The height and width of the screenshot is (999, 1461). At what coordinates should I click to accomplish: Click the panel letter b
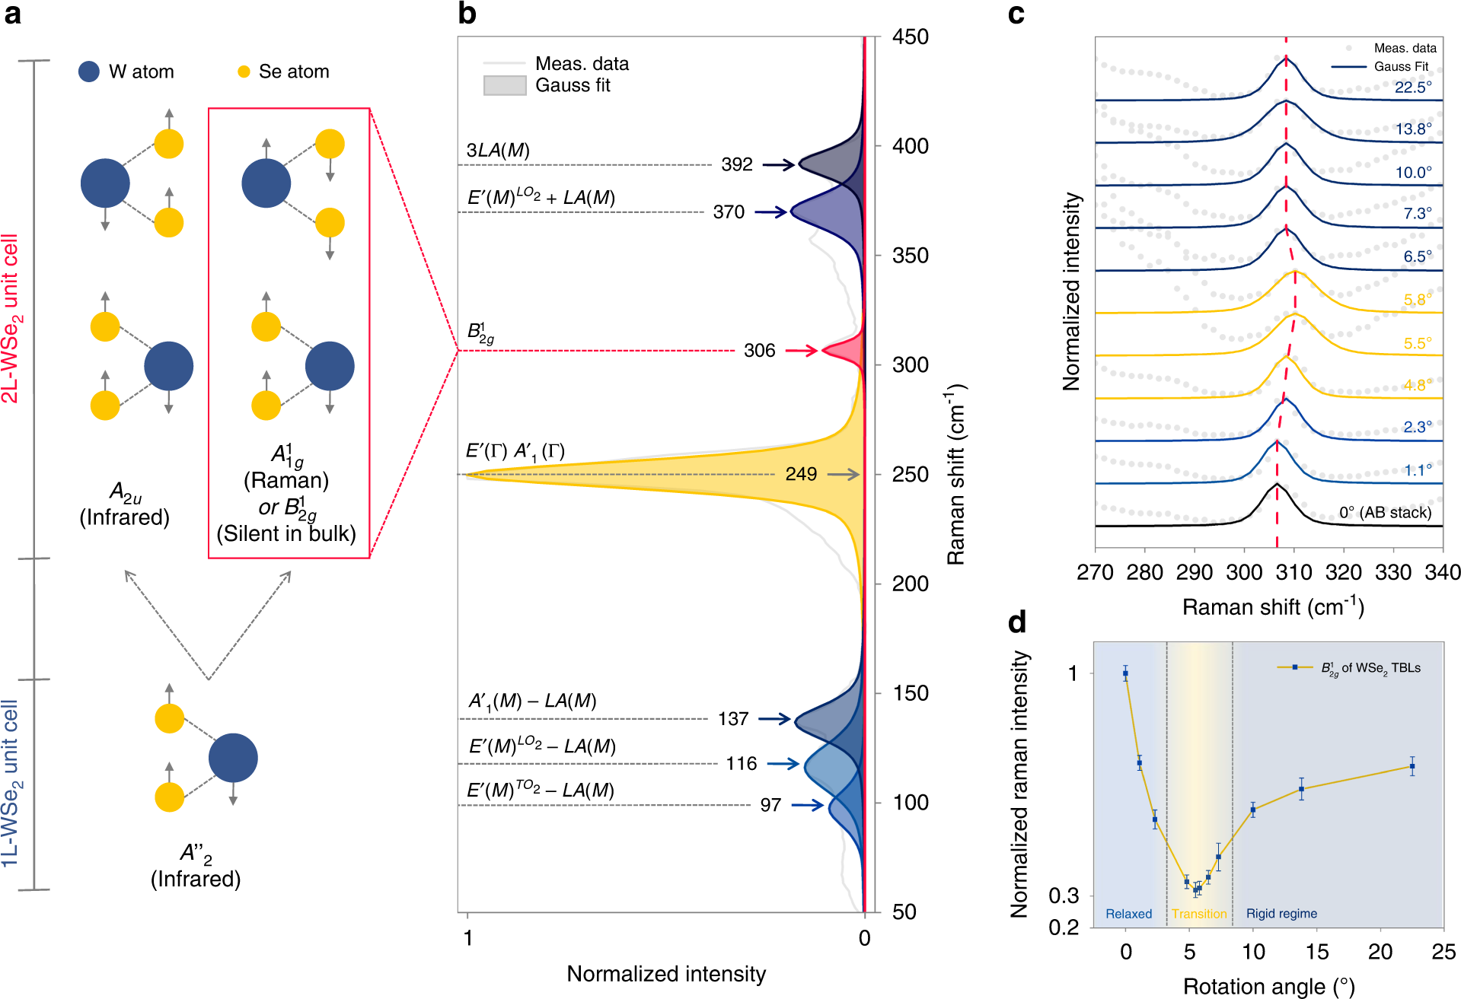(x=467, y=14)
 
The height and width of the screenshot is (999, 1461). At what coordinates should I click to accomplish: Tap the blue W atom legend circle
(x=89, y=72)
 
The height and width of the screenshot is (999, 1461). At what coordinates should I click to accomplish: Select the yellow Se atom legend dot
(x=244, y=72)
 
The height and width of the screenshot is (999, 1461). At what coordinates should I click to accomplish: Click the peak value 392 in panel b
(x=736, y=164)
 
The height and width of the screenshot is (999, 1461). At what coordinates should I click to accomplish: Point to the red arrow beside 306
(x=801, y=351)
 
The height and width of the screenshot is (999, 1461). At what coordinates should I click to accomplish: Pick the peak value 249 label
(x=801, y=474)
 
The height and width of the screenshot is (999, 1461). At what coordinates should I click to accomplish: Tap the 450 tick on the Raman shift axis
(x=911, y=37)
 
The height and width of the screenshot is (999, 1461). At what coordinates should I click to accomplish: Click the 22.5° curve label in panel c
(x=1413, y=87)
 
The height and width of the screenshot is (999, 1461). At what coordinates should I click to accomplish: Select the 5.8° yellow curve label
(x=1418, y=300)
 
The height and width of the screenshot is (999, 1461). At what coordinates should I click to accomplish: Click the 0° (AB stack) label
(x=1385, y=512)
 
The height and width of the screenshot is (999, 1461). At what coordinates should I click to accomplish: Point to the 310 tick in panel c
(x=1294, y=572)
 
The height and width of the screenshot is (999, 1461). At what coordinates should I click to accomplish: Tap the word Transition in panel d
(x=1199, y=914)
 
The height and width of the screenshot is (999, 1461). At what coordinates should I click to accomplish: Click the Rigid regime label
(x=1281, y=914)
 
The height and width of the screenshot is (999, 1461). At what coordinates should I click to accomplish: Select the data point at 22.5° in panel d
(x=1412, y=766)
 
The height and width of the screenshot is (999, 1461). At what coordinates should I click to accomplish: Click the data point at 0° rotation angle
(x=1125, y=673)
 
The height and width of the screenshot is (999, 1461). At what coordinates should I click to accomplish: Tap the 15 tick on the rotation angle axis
(x=1316, y=952)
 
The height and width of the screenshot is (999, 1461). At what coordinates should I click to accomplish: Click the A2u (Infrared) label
(x=125, y=504)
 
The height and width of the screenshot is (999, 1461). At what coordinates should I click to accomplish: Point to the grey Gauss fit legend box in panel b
(x=505, y=85)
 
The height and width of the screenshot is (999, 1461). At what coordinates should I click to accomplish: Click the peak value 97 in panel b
(x=770, y=805)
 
